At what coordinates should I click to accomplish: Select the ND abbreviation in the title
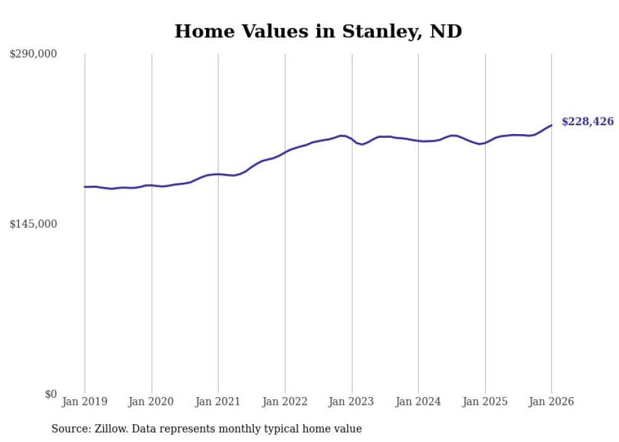[446, 31]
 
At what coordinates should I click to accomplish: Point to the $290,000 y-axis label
[33, 54]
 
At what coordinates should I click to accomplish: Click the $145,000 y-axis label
[33, 224]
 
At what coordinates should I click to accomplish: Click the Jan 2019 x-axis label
[85, 402]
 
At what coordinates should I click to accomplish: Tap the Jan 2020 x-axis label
[152, 402]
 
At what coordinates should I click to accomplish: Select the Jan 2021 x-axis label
[218, 402]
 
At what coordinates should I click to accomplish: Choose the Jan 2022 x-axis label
[285, 402]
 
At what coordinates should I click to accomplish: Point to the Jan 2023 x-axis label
[352, 402]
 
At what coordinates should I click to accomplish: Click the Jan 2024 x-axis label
[418, 402]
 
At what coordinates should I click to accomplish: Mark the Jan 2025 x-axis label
[485, 402]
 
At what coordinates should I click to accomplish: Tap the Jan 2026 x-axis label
[551, 402]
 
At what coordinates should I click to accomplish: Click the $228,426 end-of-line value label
[587, 121]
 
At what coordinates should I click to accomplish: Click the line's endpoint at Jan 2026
[551, 125]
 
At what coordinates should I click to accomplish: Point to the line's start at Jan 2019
[85, 187]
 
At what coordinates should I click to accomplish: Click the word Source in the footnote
[70, 429]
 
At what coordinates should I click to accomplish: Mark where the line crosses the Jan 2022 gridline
[285, 152]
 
